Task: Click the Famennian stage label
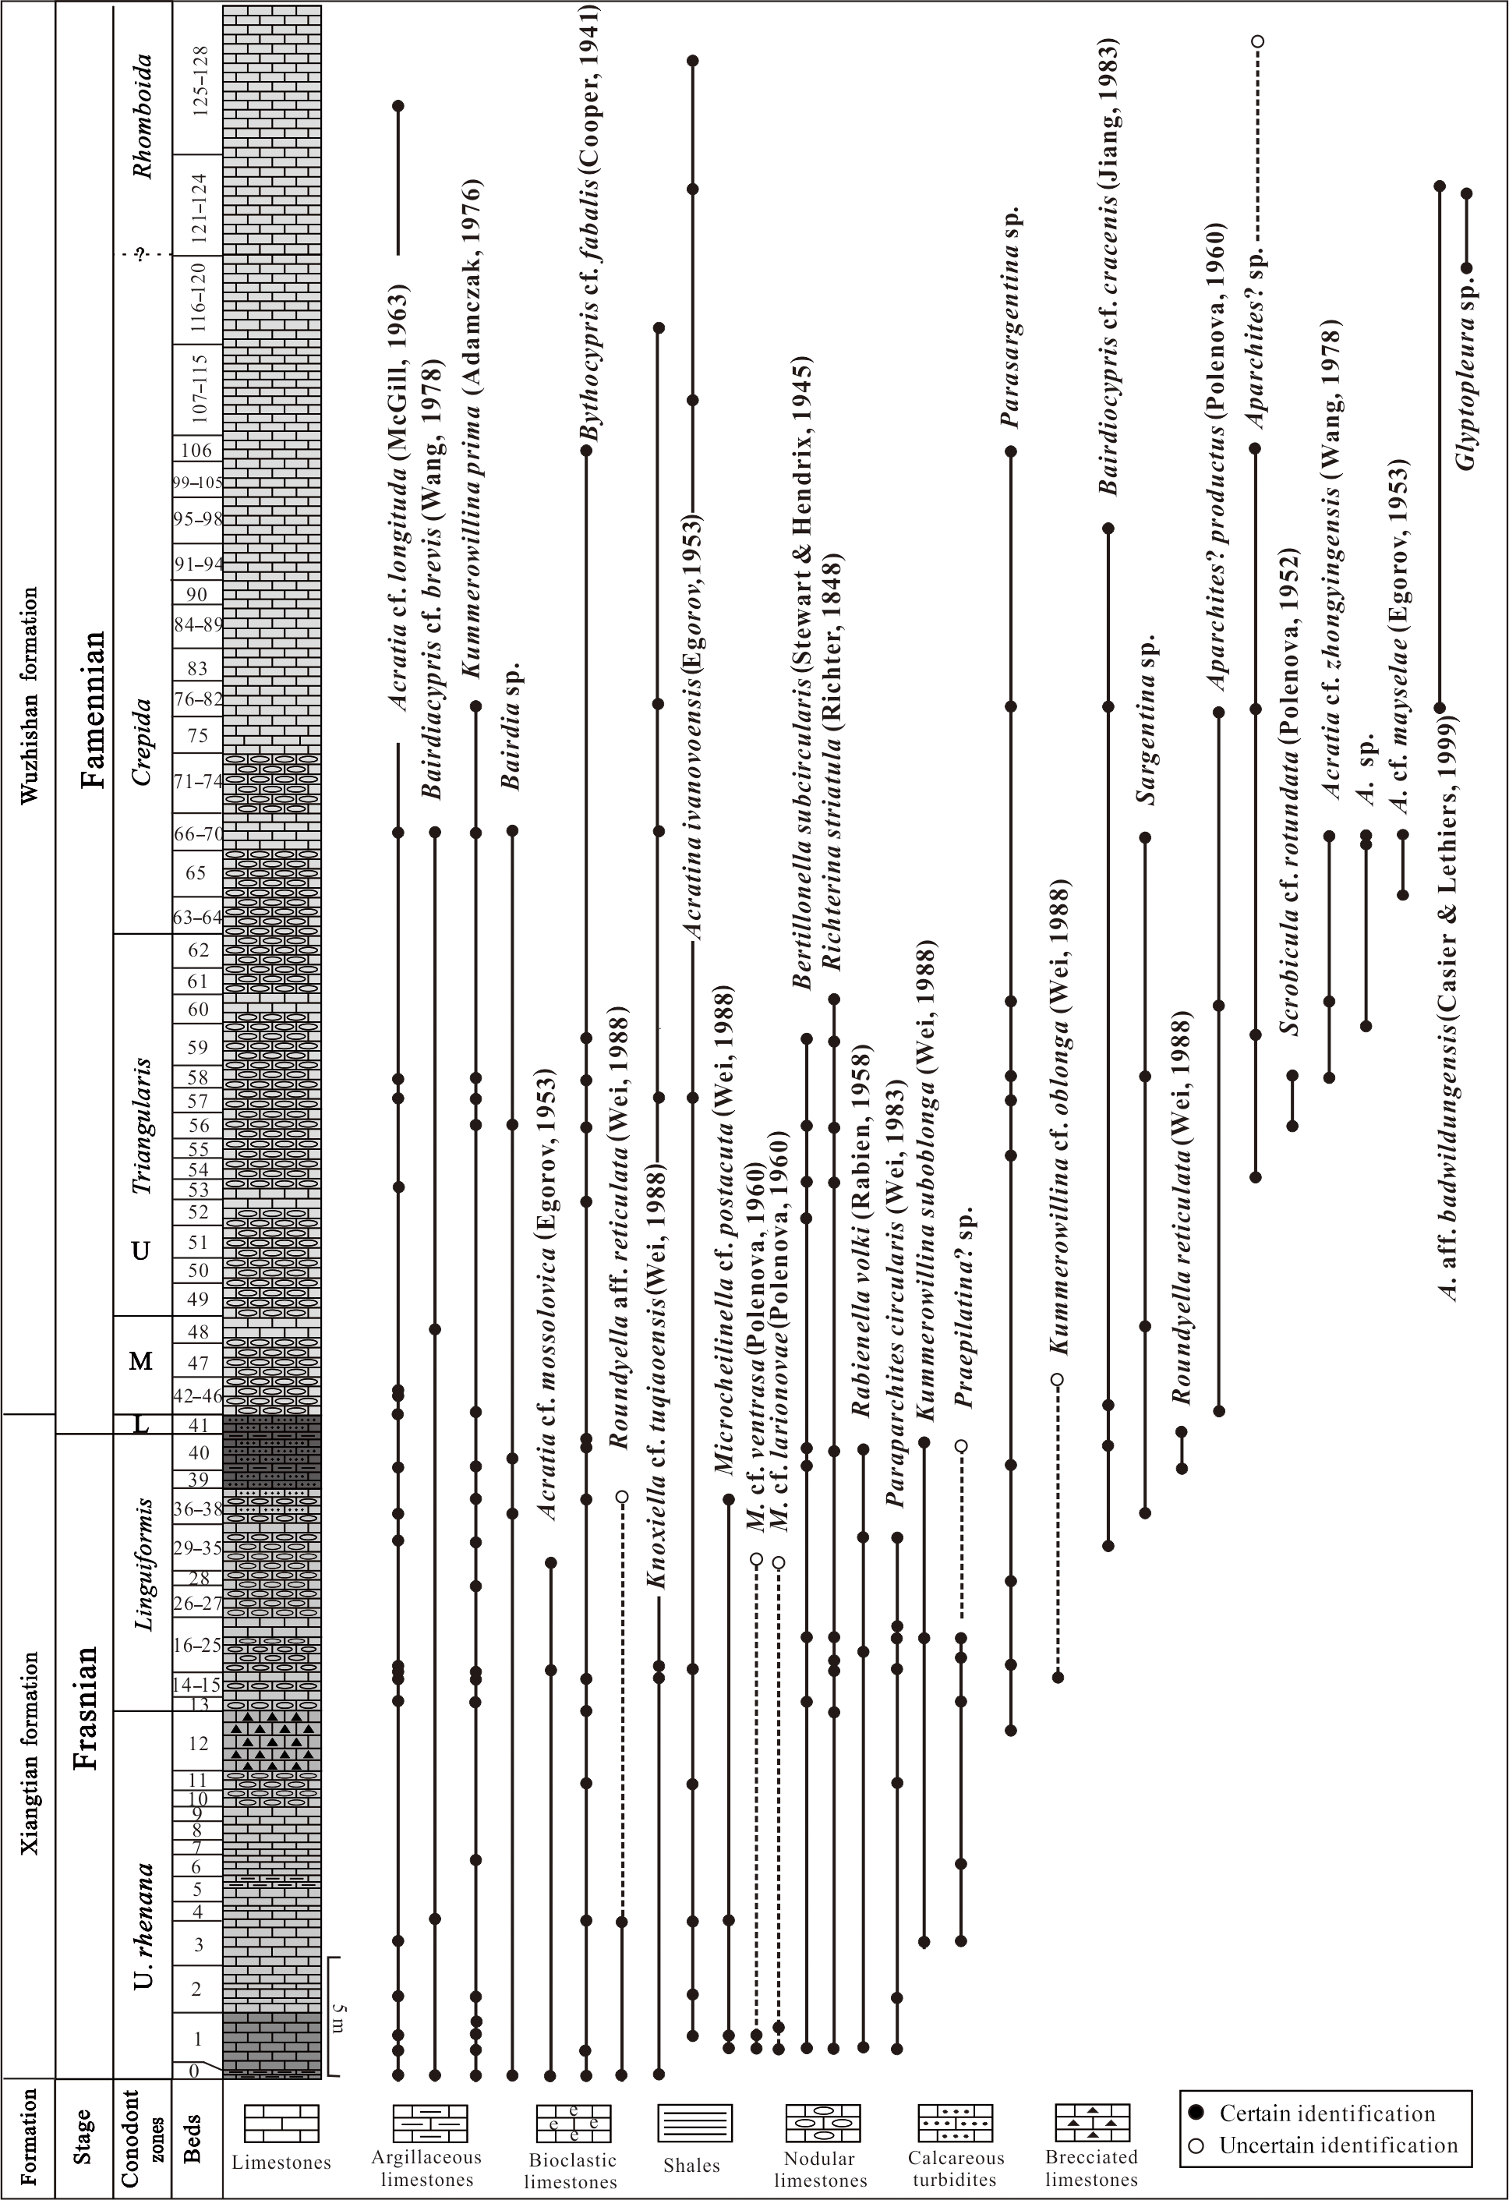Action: click(93, 709)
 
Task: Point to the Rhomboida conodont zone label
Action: click(142, 116)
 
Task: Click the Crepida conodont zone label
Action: click(142, 741)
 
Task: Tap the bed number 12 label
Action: click(198, 1743)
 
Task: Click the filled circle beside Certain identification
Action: click(1196, 2112)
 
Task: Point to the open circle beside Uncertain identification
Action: click(1196, 2145)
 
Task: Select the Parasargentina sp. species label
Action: click(1012, 317)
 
